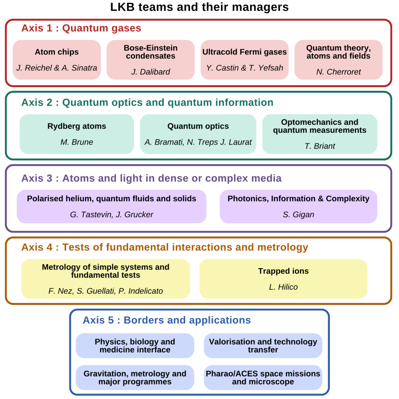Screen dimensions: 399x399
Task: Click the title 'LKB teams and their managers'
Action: coord(199,7)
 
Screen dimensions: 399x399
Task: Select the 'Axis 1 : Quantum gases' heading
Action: coord(81,28)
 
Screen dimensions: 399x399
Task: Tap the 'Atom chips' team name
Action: coord(56,52)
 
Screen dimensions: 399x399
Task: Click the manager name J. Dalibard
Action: coord(150,72)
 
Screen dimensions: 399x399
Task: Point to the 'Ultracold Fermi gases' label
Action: coord(244,52)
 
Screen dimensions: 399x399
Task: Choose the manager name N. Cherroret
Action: coord(338,72)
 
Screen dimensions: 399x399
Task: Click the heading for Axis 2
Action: coord(147,102)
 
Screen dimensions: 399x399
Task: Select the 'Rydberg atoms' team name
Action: coord(77,126)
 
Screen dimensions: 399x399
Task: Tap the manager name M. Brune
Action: coord(77,142)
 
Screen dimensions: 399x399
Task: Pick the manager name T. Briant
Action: coord(320,146)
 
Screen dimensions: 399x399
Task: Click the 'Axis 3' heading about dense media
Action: coord(151,178)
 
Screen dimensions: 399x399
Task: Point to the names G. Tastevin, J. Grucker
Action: coord(111,214)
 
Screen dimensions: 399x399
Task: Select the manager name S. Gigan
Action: coord(298,214)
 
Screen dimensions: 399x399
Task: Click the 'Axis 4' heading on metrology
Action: coord(164,247)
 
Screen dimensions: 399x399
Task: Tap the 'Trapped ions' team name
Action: coord(283,271)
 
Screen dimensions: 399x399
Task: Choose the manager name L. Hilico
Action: coord(283,287)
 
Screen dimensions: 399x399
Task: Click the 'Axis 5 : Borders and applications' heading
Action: coord(166,320)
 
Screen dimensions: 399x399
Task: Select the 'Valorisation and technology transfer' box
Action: coord(263,346)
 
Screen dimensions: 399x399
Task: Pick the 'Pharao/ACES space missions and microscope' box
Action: coord(263,378)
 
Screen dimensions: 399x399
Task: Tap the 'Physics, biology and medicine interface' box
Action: coord(135,346)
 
